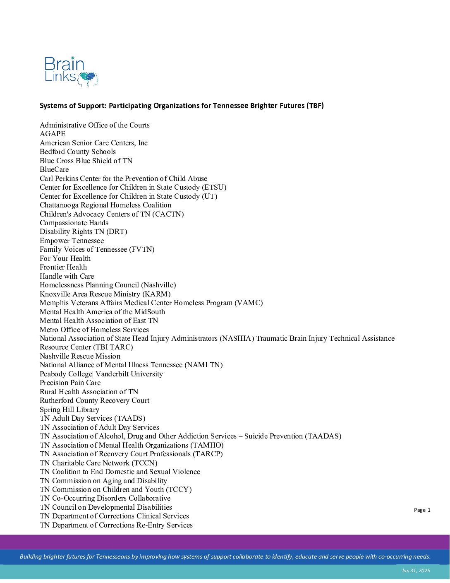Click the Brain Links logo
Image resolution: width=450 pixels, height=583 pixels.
[x=71, y=71]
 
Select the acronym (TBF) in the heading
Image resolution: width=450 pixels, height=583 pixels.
[x=315, y=106]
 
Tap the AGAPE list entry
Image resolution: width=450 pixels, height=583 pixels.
[x=53, y=134]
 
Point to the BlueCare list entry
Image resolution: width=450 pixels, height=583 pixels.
[x=54, y=169]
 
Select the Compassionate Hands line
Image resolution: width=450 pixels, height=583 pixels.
[x=74, y=223]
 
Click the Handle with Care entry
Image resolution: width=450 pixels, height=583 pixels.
[x=67, y=276]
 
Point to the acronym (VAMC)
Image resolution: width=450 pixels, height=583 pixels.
[x=249, y=303]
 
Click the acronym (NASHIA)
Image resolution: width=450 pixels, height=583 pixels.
[x=237, y=338]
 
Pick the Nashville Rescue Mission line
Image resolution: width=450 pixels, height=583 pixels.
[x=80, y=356]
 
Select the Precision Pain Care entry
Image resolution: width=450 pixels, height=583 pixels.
[x=70, y=383]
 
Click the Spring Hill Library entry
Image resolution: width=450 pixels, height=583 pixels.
[x=69, y=410]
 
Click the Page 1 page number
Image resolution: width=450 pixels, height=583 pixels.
[x=422, y=510]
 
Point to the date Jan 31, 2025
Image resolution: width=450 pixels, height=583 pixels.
[x=416, y=571]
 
